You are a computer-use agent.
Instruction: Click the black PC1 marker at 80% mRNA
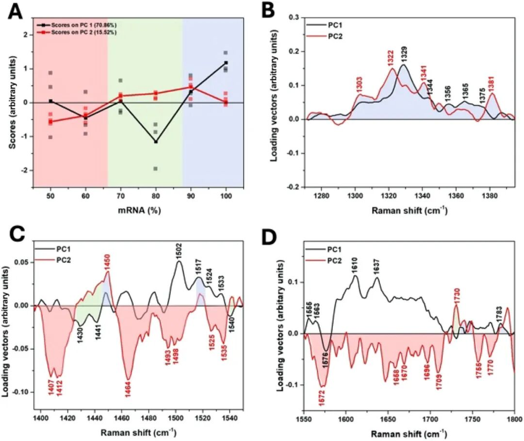(x=155, y=142)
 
